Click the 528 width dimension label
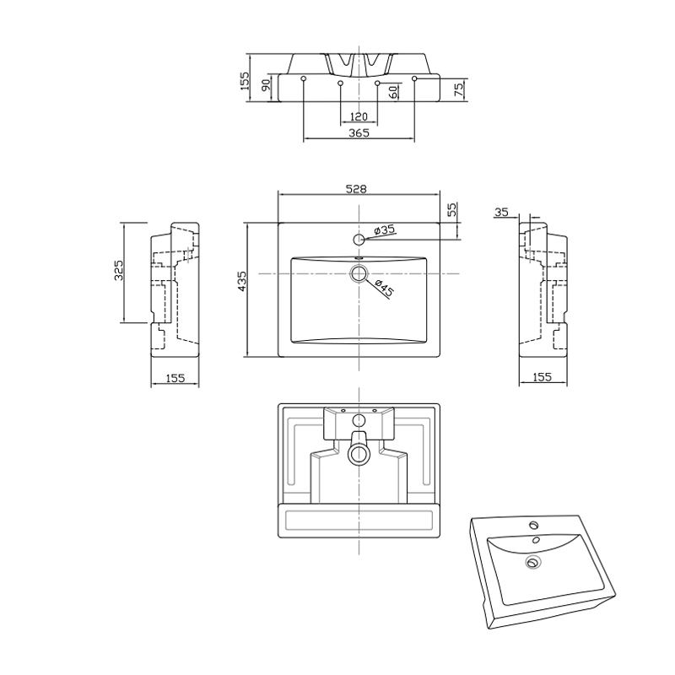coord(356,189)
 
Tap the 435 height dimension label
coord(242,281)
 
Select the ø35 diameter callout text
coord(384,229)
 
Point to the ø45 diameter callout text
coord(385,288)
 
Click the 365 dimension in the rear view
coord(359,132)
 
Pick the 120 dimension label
coord(359,116)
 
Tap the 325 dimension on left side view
coord(119,270)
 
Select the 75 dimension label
coord(459,89)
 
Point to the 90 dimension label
coord(266,85)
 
